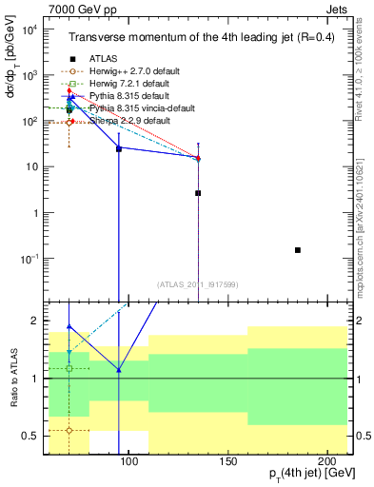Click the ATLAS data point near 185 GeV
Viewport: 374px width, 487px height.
(x=298, y=250)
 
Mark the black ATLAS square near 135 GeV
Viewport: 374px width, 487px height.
(x=198, y=193)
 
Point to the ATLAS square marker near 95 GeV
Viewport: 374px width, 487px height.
(x=119, y=149)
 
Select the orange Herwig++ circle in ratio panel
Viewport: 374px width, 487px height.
(x=69, y=430)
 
